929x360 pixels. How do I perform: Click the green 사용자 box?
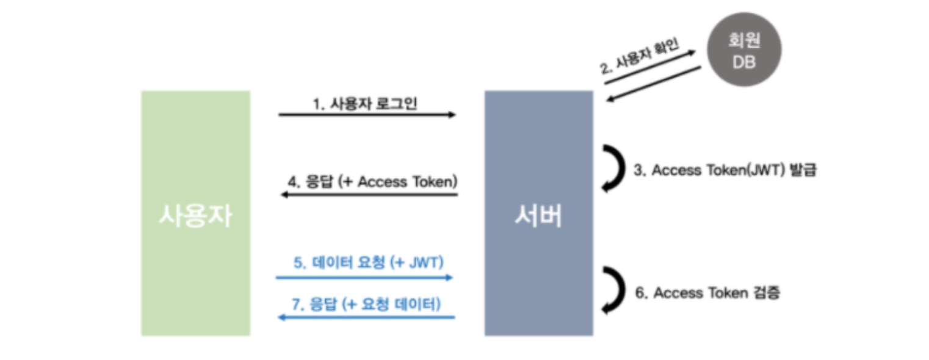click(195, 153)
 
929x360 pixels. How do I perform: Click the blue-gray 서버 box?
click(538, 153)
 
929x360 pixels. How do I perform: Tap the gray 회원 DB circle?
click(743, 49)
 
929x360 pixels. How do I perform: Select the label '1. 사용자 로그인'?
click(365, 104)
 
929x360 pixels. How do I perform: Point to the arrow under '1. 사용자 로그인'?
click(366, 115)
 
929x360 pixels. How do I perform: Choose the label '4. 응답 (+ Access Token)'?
click(373, 182)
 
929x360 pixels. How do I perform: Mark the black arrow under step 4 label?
click(368, 195)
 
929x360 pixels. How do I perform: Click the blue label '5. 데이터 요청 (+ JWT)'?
click(368, 262)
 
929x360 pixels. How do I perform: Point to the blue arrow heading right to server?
click(364, 278)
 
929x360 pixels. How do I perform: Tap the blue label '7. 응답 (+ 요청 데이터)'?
click(366, 303)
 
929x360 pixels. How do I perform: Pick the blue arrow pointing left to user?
click(366, 317)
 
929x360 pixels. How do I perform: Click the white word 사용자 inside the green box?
click(195, 215)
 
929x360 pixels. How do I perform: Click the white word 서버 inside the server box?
click(538, 215)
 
